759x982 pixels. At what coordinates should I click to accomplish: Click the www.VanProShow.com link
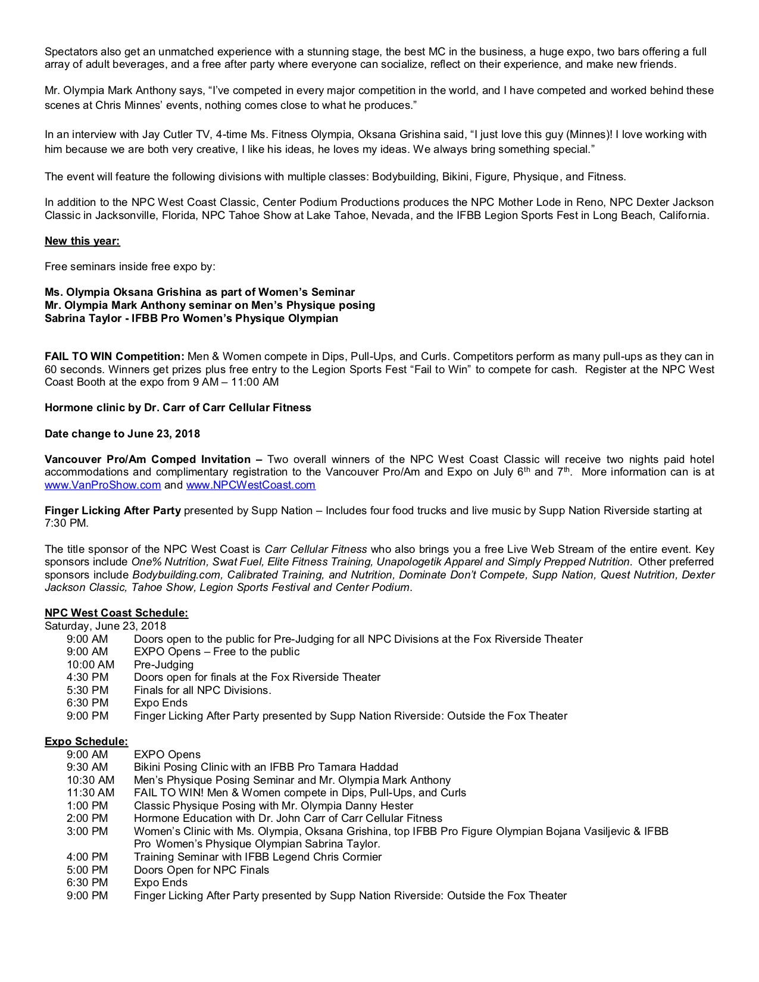pos(102,485)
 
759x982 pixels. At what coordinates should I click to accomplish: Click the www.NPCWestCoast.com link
pos(251,485)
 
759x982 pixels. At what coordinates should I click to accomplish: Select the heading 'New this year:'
pos(82,241)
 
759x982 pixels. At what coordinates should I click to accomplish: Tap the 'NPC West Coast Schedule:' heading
pos(116,613)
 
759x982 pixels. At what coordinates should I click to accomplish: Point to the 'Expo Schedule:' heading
pos(86,742)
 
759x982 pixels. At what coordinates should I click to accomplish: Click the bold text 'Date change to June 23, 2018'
pos(122,434)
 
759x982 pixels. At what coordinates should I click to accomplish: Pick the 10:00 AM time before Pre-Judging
pos(90,665)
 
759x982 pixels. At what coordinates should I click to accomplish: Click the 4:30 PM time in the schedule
pos(88,677)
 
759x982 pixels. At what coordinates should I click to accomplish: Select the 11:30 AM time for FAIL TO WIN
pos(90,793)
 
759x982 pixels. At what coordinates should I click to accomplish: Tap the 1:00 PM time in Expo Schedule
pos(88,806)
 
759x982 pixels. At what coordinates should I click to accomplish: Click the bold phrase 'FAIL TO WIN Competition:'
pos(114,357)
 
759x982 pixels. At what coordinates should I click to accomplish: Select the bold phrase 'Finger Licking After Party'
pos(113,511)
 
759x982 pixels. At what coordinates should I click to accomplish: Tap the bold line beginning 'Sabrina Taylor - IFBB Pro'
pos(191,318)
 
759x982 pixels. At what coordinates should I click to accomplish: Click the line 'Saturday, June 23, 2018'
pos(105,626)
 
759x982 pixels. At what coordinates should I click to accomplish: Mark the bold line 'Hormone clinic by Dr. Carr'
pos(177,408)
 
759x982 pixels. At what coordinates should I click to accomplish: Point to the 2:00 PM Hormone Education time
pos(88,818)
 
